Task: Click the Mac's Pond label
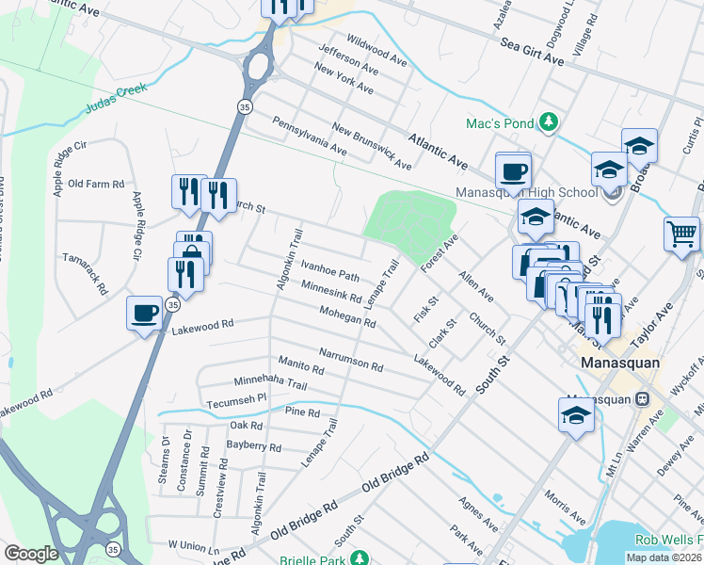[499, 123]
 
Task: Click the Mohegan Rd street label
[347, 316]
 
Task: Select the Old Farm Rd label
[97, 185]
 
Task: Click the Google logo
[30, 554]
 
